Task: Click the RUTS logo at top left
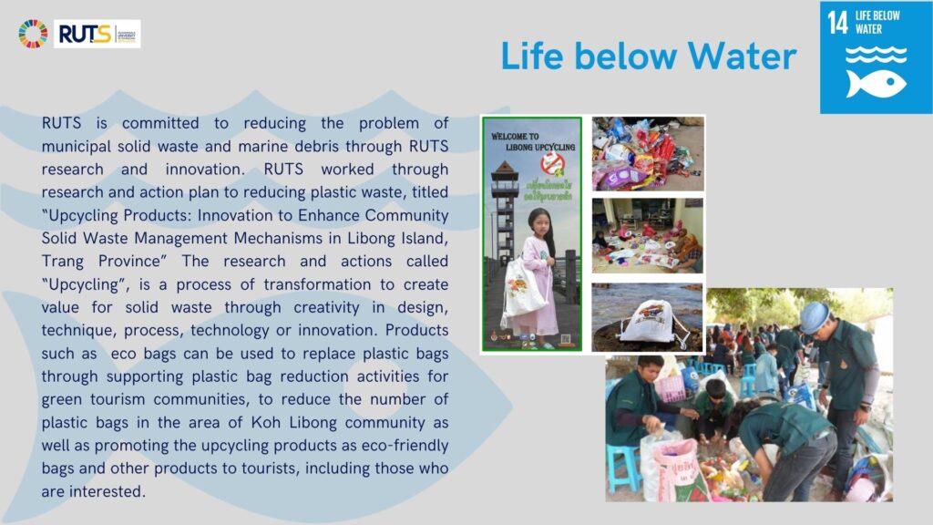[x=97, y=34]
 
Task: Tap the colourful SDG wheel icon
[x=33, y=34]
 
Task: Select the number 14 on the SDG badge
[x=837, y=23]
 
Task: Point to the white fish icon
[x=876, y=84]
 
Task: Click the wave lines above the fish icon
[x=876, y=54]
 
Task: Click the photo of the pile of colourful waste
[x=647, y=152]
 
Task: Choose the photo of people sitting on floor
[x=647, y=235]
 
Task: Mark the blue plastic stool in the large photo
[x=623, y=466]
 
